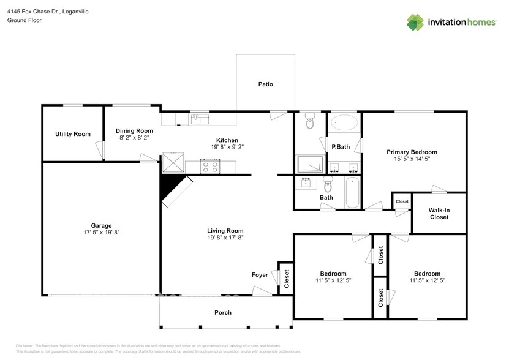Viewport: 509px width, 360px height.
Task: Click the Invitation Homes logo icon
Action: [x=416, y=22]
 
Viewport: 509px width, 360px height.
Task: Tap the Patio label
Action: [x=265, y=84]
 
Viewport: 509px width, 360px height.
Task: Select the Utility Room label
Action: [x=73, y=134]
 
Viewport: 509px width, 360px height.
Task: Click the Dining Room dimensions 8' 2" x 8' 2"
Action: [x=135, y=138]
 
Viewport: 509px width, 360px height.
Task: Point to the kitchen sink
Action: [x=199, y=119]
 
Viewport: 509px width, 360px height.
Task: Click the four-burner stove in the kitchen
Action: [x=211, y=165]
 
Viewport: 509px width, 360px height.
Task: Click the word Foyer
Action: [x=260, y=275]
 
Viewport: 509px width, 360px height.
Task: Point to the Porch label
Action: [x=223, y=312]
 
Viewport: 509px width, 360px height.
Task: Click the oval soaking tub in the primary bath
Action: [x=344, y=123]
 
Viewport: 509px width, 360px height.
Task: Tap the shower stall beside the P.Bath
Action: [x=310, y=164]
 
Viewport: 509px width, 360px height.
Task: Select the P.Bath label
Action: [x=341, y=147]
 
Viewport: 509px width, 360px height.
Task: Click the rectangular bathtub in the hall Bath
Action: [x=353, y=192]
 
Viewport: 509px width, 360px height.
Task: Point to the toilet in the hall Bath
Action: [x=328, y=184]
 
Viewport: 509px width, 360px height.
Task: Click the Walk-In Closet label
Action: [x=439, y=214]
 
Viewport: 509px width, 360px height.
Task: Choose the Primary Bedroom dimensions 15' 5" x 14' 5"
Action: [x=411, y=159]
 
